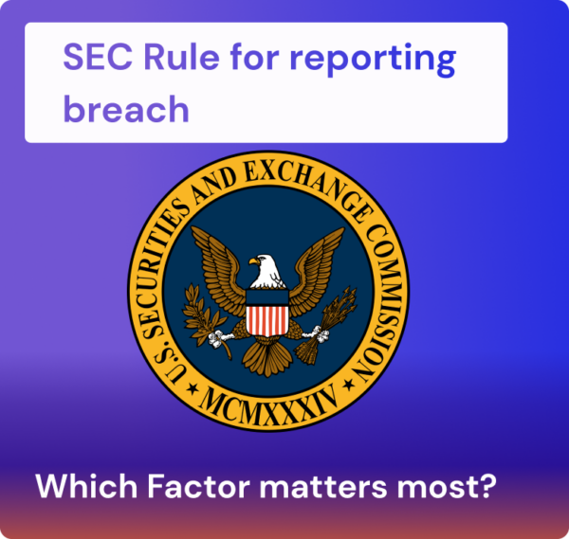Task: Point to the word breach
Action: (x=126, y=109)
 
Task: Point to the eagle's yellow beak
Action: (x=255, y=262)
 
